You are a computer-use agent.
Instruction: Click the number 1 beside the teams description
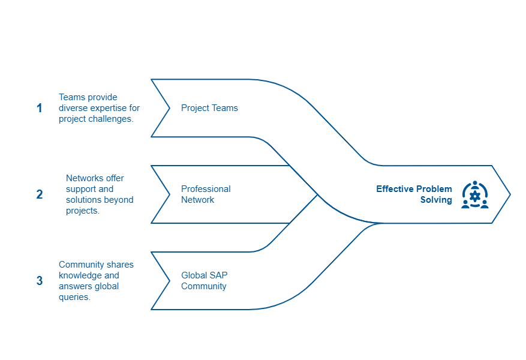click(40, 108)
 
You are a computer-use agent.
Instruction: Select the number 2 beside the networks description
click(40, 194)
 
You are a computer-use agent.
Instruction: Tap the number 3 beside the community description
click(40, 280)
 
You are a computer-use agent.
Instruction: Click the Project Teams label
click(209, 108)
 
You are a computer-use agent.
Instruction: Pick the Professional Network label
click(206, 194)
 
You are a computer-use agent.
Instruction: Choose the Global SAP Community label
click(205, 280)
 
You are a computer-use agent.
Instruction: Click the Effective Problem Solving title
click(414, 194)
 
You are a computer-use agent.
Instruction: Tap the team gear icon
click(474, 194)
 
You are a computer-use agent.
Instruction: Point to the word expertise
click(109, 108)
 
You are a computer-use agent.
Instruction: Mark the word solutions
click(84, 200)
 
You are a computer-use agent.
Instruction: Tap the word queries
click(74, 297)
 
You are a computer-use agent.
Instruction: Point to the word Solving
click(436, 200)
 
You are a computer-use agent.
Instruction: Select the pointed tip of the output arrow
click(510, 194)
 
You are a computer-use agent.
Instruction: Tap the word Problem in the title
click(434, 189)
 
